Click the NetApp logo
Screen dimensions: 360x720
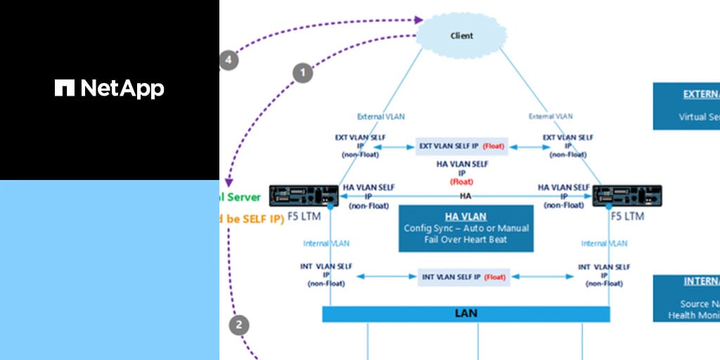click(x=110, y=88)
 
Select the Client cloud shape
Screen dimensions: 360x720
click(x=461, y=35)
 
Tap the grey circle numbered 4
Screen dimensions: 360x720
click(x=227, y=60)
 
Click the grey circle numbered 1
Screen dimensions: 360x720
click(x=303, y=72)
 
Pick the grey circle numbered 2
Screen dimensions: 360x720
click(x=239, y=325)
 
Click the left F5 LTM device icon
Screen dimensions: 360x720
click(x=304, y=196)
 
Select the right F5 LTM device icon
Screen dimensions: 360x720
click(x=626, y=196)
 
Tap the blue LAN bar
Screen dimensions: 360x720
click(x=465, y=314)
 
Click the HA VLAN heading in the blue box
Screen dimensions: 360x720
click(x=465, y=217)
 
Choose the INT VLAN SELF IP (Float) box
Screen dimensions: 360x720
click(x=463, y=277)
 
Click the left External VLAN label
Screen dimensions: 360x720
click(x=381, y=117)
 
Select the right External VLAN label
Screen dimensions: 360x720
click(x=551, y=117)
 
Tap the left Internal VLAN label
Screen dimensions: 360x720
click(x=326, y=243)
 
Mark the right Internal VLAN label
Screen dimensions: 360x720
click(x=604, y=243)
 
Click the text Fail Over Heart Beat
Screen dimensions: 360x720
click(x=465, y=240)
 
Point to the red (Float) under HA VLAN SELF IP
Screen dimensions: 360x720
click(x=461, y=181)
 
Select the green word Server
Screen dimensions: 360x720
click(x=243, y=198)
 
